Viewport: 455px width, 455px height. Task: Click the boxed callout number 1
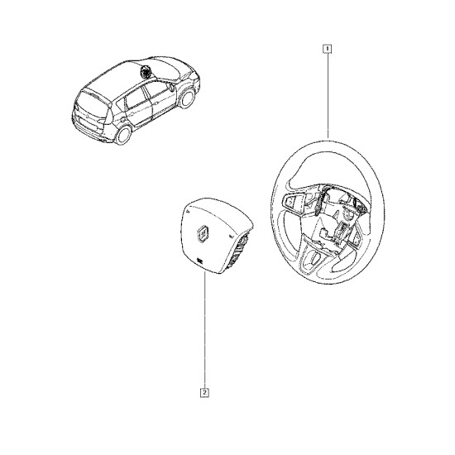tap(328, 49)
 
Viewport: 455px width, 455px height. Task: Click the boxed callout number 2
tap(205, 393)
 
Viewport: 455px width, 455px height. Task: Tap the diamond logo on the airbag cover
tap(203, 232)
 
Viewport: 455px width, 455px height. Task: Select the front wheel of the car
tap(188, 98)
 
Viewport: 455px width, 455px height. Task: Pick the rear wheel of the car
tap(123, 134)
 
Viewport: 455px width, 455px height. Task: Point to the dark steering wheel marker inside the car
tap(144, 72)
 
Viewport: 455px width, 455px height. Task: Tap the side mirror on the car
tap(172, 88)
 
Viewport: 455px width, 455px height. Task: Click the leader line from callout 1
tap(328, 95)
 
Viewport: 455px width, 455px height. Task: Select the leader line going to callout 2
tap(205, 330)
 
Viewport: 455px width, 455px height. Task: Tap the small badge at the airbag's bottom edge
tap(199, 261)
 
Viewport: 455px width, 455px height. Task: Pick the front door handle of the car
tap(156, 103)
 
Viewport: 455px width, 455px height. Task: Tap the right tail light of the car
tap(101, 122)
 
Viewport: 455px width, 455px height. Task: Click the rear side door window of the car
tap(135, 99)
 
